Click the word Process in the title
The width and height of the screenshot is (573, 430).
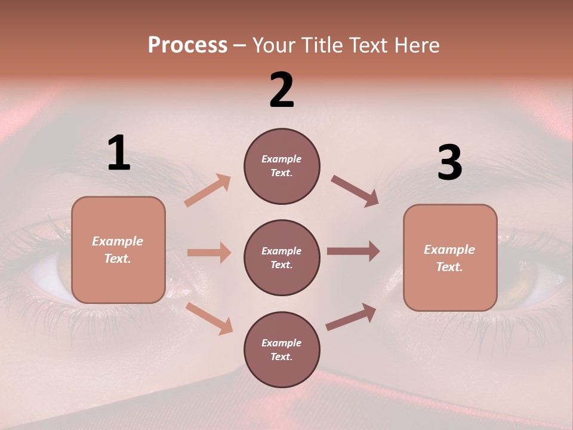(187, 45)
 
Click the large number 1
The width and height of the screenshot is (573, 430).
(119, 153)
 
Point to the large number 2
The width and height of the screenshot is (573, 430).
(282, 90)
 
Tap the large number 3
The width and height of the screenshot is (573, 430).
(449, 162)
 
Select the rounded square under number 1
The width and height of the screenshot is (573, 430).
(118, 250)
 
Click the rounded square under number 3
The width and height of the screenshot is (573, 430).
(450, 258)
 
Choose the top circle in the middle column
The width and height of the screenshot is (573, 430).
(282, 166)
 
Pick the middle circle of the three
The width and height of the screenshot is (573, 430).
(282, 257)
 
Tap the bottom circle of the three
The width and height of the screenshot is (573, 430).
(282, 349)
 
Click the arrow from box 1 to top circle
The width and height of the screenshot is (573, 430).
(208, 190)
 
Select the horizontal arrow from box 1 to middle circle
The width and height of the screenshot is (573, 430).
(209, 253)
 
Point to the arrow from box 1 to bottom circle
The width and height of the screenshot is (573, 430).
(210, 318)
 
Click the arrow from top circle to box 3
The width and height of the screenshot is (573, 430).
(355, 191)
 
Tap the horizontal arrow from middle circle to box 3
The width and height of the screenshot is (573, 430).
(353, 251)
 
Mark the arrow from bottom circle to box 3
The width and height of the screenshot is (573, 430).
(352, 317)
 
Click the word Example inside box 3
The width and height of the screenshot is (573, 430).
(449, 250)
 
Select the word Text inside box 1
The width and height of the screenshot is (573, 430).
(118, 259)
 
